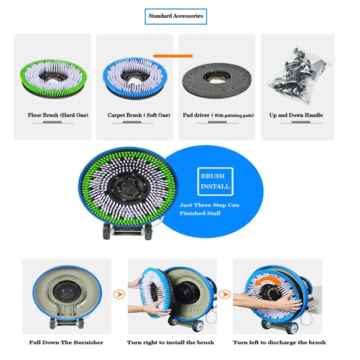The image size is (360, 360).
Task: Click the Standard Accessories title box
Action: click(x=176, y=16)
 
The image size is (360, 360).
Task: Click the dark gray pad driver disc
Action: click(x=217, y=77)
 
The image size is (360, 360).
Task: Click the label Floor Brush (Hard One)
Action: click(x=58, y=115)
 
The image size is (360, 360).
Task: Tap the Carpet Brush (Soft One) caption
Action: click(x=139, y=115)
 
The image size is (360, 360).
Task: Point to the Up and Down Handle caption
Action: click(x=296, y=115)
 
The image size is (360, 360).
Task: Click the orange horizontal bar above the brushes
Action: click(x=173, y=56)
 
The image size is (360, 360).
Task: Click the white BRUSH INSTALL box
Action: click(x=216, y=181)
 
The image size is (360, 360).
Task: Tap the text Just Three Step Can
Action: click(x=209, y=205)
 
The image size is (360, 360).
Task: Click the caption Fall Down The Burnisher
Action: click(x=66, y=342)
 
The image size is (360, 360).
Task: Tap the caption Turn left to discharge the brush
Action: click(x=279, y=342)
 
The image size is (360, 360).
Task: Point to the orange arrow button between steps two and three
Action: click(x=225, y=295)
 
